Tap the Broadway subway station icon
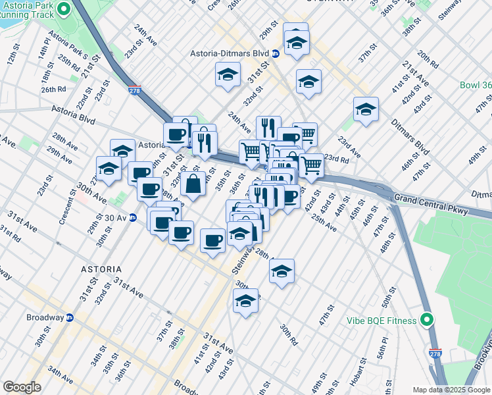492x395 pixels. tap(69, 317)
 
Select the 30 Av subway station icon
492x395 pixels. tap(133, 218)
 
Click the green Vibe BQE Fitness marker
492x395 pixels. tap(427, 321)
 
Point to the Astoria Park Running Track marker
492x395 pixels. tap(63, 9)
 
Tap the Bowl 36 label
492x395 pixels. tap(476, 86)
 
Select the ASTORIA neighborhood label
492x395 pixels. tap(101, 269)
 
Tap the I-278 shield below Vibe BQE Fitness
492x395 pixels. tap(435, 354)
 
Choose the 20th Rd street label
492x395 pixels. tap(428, 59)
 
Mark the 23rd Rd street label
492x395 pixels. tap(335, 159)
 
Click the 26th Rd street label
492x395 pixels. tap(53, 89)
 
